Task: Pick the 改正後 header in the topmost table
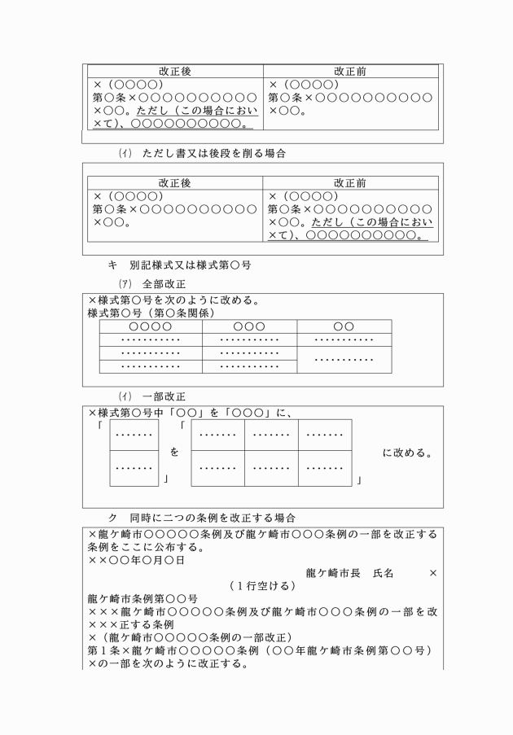(x=175, y=72)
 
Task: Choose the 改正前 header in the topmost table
(x=351, y=72)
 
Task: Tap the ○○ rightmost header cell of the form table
(x=344, y=326)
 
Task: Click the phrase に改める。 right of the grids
(x=406, y=452)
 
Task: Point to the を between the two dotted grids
(x=174, y=450)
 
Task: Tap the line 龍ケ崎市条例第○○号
(x=138, y=600)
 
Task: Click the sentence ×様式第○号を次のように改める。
(x=175, y=300)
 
